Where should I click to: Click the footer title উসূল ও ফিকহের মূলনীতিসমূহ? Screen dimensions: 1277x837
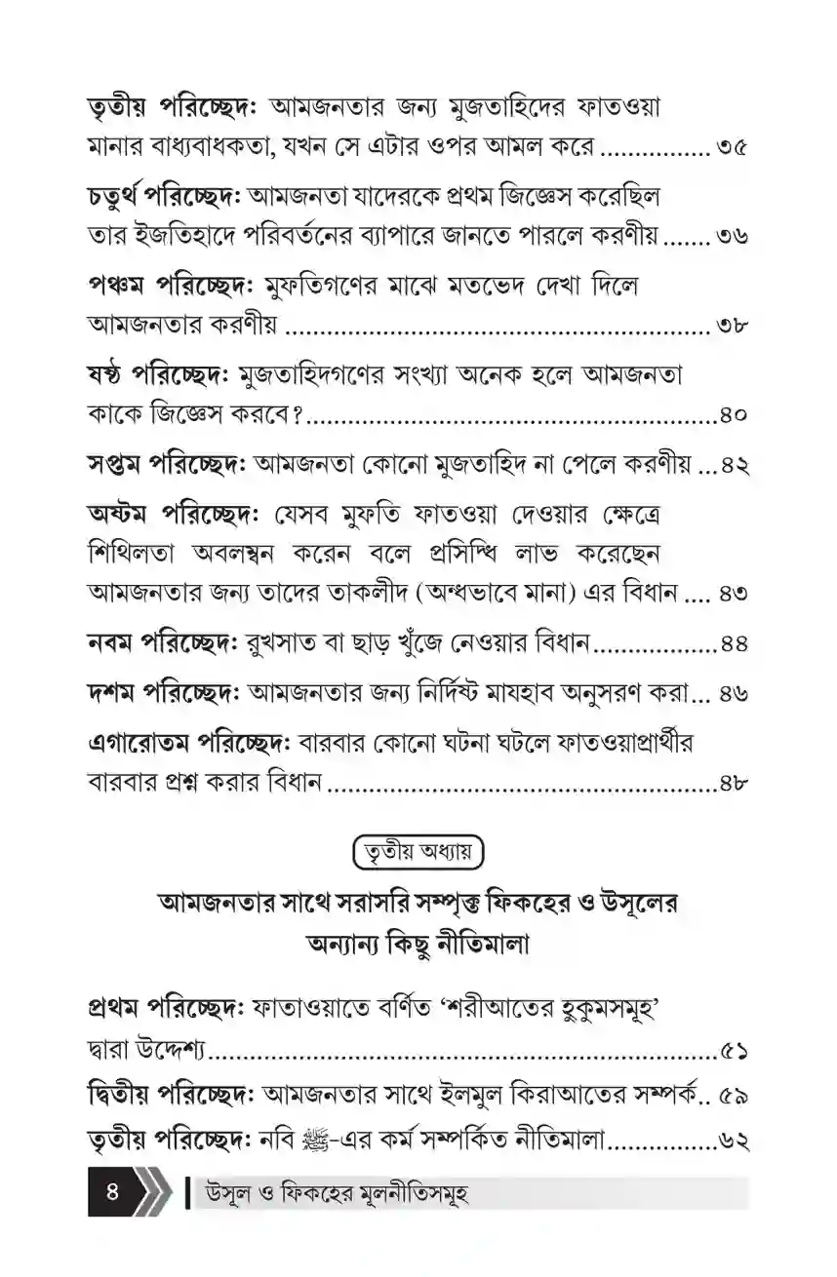332,1194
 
